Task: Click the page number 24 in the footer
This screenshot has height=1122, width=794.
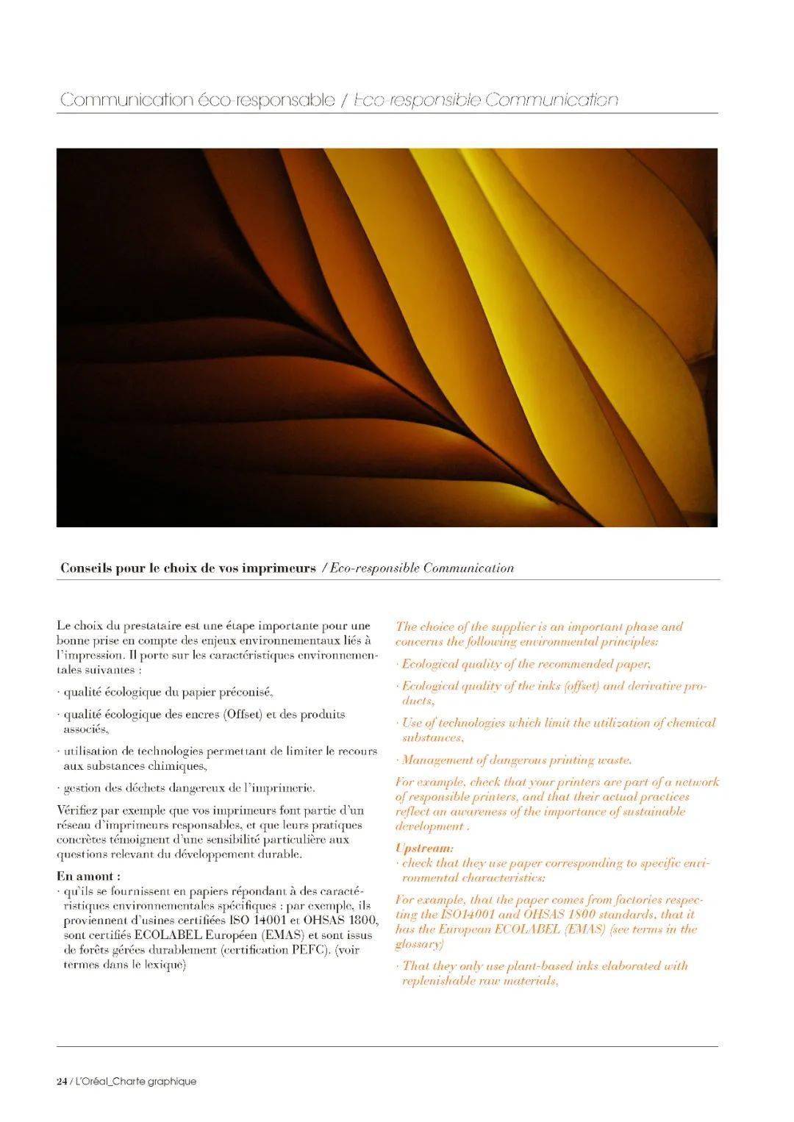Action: point(62,1082)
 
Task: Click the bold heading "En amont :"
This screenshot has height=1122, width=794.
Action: point(89,876)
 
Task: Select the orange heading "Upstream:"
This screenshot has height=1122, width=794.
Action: point(424,848)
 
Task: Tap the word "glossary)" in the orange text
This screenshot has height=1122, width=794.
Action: point(420,944)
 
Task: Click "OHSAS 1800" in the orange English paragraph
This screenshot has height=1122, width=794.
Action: point(565,915)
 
